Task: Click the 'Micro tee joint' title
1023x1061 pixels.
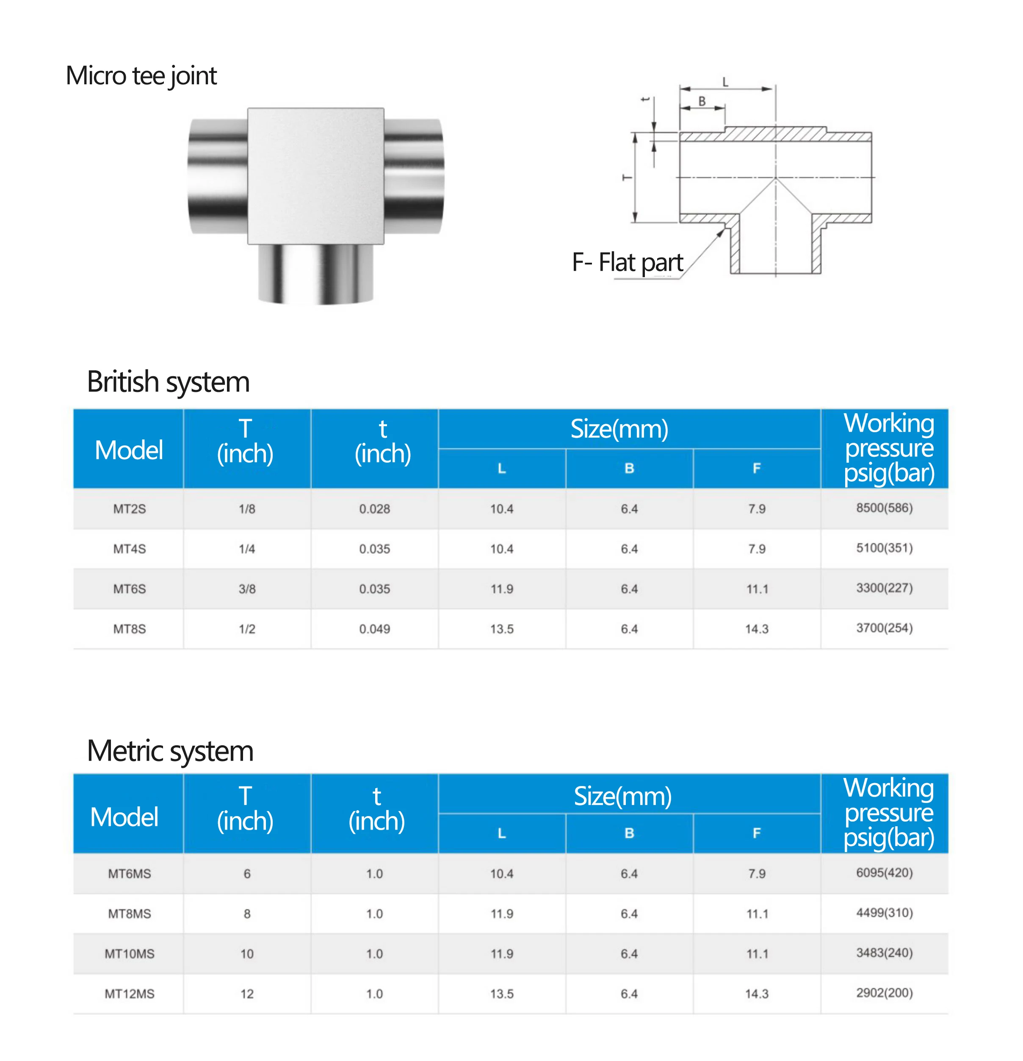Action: (x=141, y=75)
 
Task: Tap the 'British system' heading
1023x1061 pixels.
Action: (x=168, y=382)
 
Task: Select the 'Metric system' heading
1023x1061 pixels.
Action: (x=170, y=751)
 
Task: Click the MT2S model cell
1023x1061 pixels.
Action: (x=129, y=509)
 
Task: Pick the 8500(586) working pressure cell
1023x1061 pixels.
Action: (x=884, y=508)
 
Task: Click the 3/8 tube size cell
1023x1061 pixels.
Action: (x=247, y=589)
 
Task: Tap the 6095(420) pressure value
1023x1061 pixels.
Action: (x=884, y=872)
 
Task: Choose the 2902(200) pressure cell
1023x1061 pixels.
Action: (x=884, y=993)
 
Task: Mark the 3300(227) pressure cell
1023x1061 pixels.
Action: (x=884, y=588)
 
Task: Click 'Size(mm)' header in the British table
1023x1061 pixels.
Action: (x=619, y=429)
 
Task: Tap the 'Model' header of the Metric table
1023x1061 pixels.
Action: (x=124, y=817)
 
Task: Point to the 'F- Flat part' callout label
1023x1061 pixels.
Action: (x=628, y=263)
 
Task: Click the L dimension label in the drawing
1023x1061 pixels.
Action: (x=725, y=82)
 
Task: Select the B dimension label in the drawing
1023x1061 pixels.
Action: (x=702, y=101)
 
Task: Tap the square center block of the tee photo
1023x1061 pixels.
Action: (x=315, y=176)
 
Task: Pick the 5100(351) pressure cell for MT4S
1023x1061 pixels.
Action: (x=884, y=548)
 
